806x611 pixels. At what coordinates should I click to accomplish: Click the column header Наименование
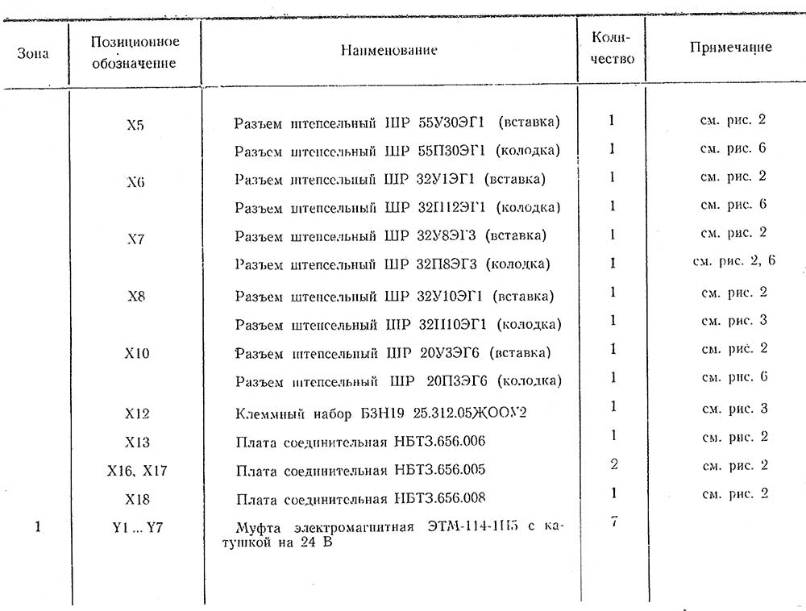pos(388,50)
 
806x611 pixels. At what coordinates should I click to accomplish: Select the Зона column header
pos(33,54)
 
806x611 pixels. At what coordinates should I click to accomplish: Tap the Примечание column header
pos(731,48)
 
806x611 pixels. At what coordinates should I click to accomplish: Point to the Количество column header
pos(613,48)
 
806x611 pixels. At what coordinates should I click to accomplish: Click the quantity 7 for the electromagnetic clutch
pos(613,522)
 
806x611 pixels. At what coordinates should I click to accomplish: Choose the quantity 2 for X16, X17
pos(613,464)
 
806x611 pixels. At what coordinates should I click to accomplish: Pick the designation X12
pos(137,414)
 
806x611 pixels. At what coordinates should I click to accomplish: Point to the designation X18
pos(137,497)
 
